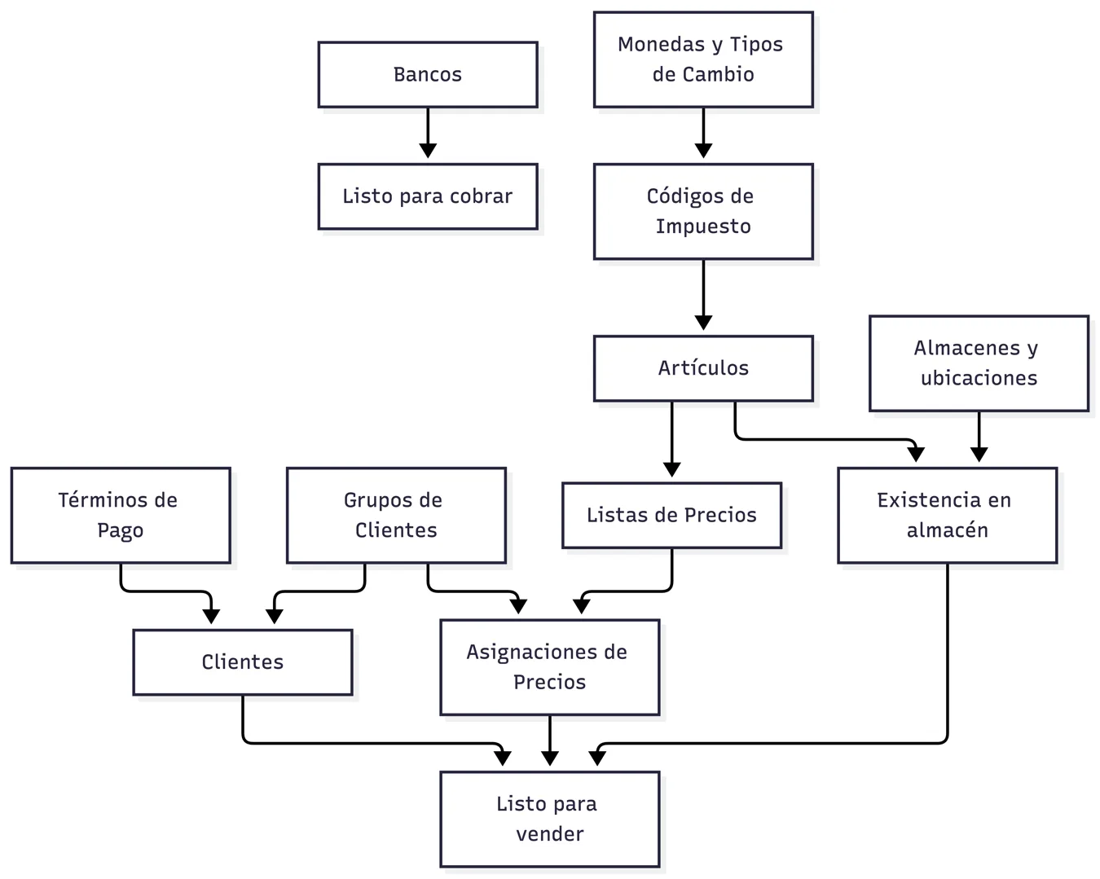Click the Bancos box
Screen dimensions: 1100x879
click(427, 75)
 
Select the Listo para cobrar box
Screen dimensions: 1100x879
click(427, 196)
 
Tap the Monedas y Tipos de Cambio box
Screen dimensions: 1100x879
click(703, 59)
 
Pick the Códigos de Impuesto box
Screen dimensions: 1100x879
click(703, 211)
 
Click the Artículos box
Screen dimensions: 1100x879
click(703, 368)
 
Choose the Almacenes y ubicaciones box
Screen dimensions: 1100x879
click(979, 363)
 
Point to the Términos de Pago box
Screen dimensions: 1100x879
click(121, 515)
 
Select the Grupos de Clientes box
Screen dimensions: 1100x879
click(396, 515)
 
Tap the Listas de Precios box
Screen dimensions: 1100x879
click(671, 515)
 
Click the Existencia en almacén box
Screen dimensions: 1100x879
click(947, 515)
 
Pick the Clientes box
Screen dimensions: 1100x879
click(242, 661)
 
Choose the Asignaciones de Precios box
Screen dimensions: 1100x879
click(549, 667)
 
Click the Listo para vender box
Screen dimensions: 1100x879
click(549, 819)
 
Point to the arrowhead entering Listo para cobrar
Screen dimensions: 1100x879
click(427, 151)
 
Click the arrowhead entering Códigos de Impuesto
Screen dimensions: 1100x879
click(703, 151)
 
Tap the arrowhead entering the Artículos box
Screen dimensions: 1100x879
click(703, 323)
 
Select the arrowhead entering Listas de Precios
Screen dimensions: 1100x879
click(671, 470)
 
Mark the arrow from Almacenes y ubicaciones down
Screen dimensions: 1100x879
click(979, 437)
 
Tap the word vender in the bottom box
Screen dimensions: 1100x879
click(549, 834)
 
